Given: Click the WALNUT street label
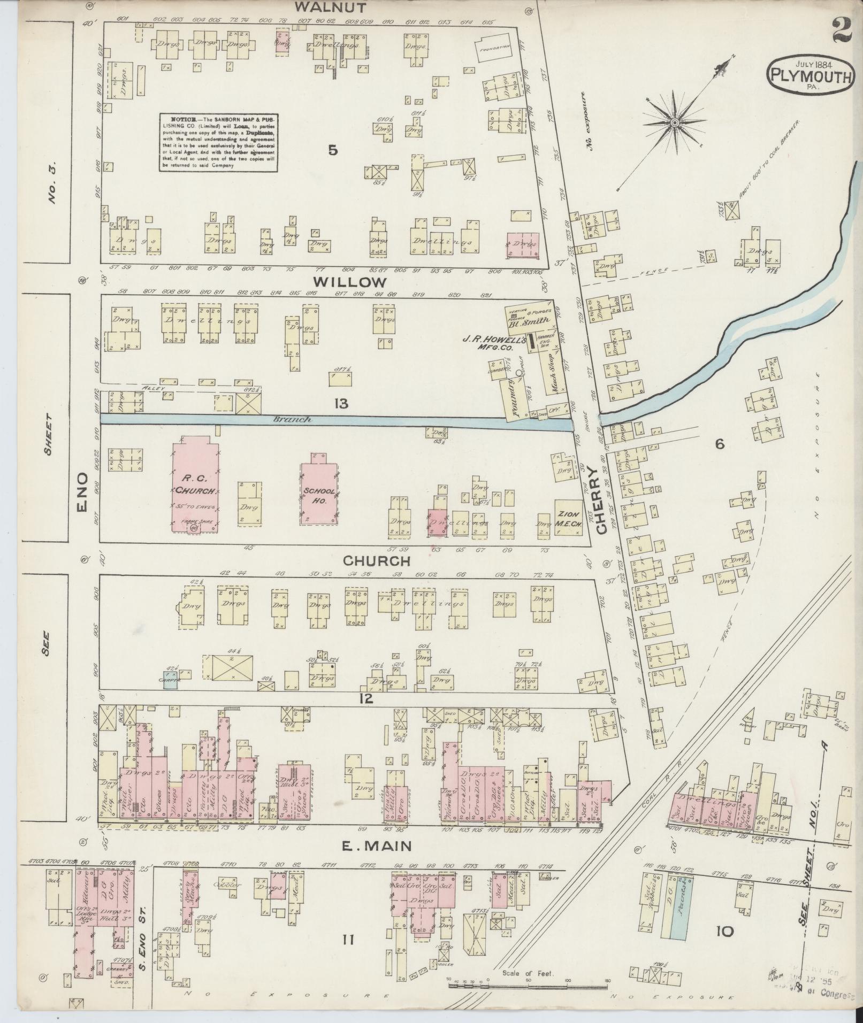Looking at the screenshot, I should (x=330, y=7).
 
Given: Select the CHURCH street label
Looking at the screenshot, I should (x=376, y=560).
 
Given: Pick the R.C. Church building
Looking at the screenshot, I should (x=194, y=484).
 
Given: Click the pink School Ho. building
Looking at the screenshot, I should (x=319, y=488).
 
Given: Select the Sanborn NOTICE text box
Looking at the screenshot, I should (x=218, y=142).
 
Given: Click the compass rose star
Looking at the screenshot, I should (x=675, y=122).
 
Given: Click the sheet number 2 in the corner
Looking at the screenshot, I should (x=842, y=29).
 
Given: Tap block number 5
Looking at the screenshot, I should (x=333, y=151).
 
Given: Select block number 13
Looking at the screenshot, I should (x=341, y=404).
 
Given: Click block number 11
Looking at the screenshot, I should (x=348, y=939).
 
